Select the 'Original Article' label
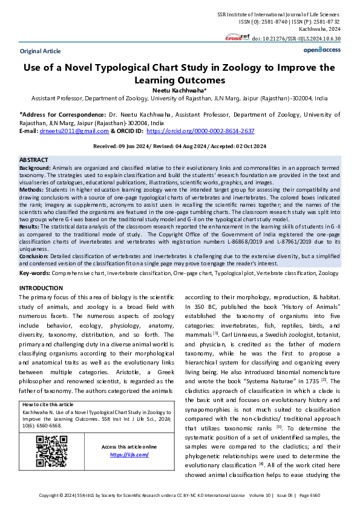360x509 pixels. pyautogui.click(x=40, y=51)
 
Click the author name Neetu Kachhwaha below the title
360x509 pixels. pyautogui.click(x=180, y=89)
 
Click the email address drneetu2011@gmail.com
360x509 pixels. pyautogui.click(x=74, y=131)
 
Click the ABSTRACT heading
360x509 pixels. pyautogui.click(x=34, y=160)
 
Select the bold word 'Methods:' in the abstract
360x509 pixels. pyautogui.click(x=32, y=189)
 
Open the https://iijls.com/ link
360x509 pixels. pyautogui.click(x=129, y=455)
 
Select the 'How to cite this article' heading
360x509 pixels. pyautogui.click(x=47, y=404)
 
